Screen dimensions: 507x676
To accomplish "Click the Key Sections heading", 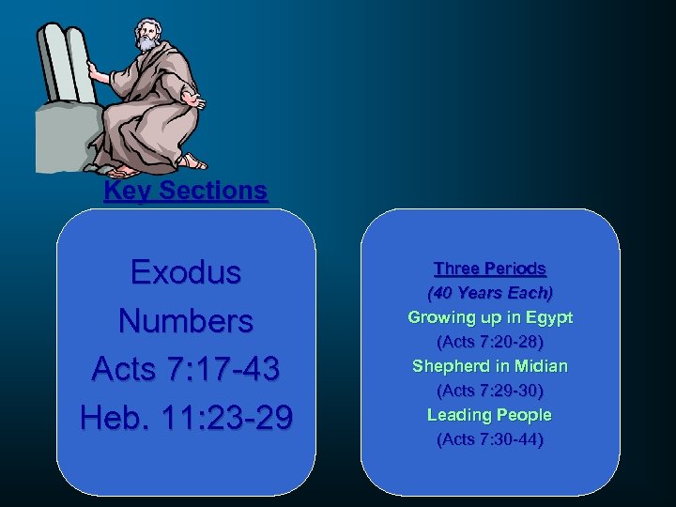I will pos(186,191).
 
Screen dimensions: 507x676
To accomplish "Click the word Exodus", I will pos(186,272).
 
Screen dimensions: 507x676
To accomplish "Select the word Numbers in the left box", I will pos(186,321).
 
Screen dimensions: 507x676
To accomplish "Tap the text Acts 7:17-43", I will pos(186,369).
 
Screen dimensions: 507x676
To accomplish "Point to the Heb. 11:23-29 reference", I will pos(186,417).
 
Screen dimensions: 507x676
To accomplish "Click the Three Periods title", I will pos(489,269).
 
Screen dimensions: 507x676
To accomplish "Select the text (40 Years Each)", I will pos(489,293).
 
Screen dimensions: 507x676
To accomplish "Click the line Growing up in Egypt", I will pos(489,317).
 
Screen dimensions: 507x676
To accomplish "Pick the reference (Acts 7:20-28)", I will pos(489,342).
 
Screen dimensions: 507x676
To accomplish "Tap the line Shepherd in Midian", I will pos(489,366).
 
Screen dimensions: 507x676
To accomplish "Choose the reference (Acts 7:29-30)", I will pos(489,391).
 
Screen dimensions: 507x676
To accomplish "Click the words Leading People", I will pos(489,415).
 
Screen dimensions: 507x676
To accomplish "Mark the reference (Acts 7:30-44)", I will pos(489,439).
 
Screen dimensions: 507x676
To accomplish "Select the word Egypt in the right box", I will pos(550,317).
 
